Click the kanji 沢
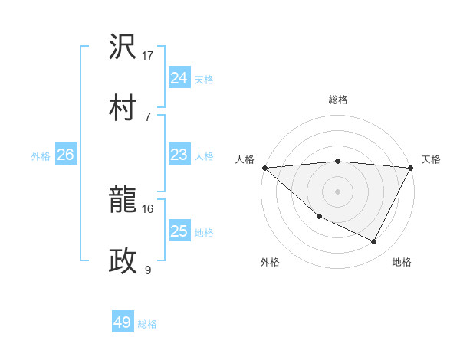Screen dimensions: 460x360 click(x=123, y=47)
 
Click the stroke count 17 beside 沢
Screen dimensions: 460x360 click(x=148, y=56)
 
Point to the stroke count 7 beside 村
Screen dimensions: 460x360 click(x=148, y=116)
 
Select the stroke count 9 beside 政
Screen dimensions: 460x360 click(x=148, y=270)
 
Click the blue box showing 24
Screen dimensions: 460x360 click(x=179, y=78)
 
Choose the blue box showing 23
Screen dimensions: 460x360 click(x=179, y=155)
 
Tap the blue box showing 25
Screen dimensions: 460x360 click(x=179, y=231)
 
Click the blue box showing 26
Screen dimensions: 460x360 click(x=65, y=155)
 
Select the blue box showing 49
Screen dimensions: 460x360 click(x=123, y=323)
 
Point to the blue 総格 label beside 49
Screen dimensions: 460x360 click(x=147, y=324)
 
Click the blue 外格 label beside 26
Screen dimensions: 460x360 click(x=41, y=156)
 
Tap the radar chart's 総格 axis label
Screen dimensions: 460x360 click(x=337, y=100)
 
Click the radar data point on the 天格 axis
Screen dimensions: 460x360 click(x=411, y=169)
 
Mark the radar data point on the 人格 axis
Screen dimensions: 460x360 click(x=264, y=168)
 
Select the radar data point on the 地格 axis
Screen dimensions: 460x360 click(x=374, y=242)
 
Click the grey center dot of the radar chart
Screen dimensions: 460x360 click(x=337, y=191)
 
